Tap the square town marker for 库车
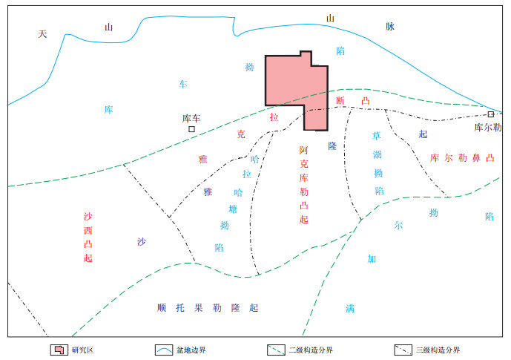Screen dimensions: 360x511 coord(191,129)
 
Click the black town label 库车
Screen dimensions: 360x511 coord(191,118)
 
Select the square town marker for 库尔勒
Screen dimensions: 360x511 coord(491,114)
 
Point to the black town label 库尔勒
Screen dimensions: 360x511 coord(488,128)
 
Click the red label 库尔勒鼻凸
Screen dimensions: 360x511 coord(461,157)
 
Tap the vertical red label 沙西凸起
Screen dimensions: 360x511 coord(88,238)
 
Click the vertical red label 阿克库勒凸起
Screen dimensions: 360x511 coord(303,185)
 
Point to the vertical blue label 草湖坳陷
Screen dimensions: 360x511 coord(378,163)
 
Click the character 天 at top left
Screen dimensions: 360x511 coord(42,34)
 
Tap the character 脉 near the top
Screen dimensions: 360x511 coord(389,26)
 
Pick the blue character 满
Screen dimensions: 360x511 coord(349,308)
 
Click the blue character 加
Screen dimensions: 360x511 coord(372,259)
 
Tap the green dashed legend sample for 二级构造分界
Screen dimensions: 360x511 coord(277,350)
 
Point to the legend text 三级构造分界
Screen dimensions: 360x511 coord(438,350)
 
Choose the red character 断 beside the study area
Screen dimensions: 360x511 coord(340,101)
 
